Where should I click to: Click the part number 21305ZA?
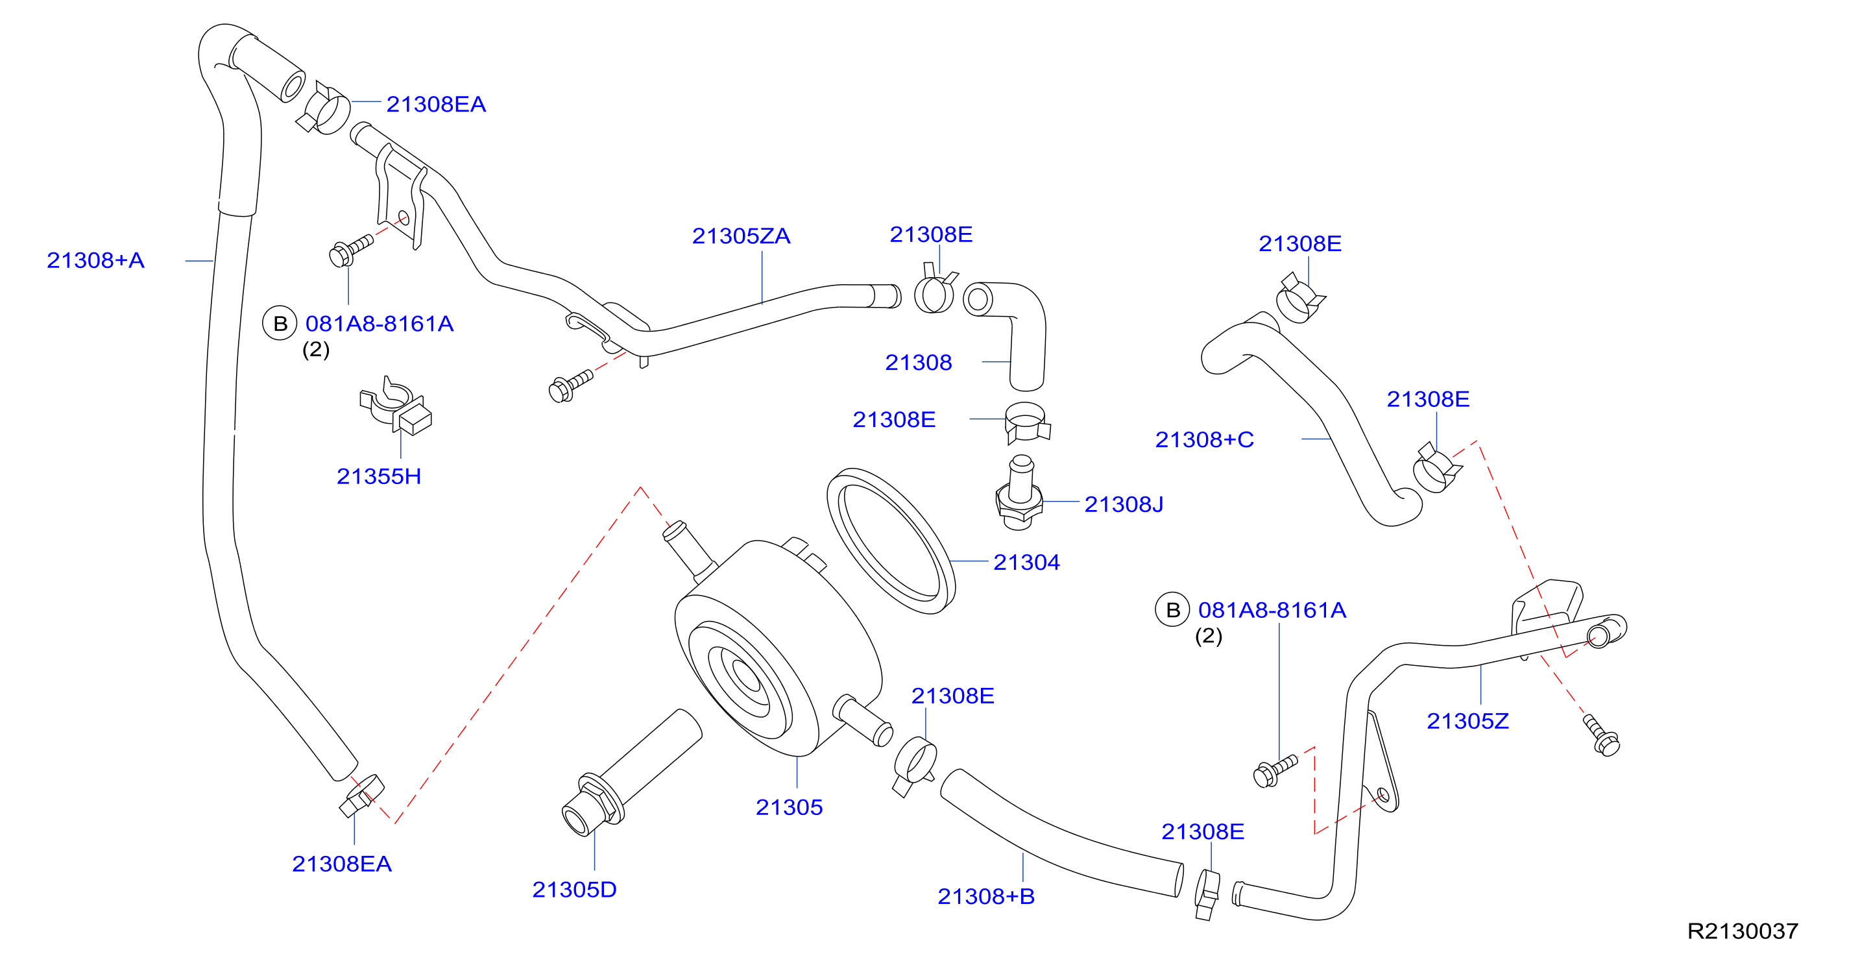(741, 236)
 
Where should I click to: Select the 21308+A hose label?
(95, 260)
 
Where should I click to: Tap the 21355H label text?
(378, 476)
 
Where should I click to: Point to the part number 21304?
(1026, 562)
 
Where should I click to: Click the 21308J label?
(1124, 504)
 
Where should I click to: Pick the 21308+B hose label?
(985, 896)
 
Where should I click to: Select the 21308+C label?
(1204, 439)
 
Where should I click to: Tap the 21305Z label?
(1467, 721)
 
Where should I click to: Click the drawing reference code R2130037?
(1743, 931)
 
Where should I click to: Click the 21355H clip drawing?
(396, 407)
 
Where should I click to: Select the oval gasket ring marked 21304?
(891, 541)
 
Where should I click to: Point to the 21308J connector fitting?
(1019, 493)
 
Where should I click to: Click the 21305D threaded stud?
(631, 774)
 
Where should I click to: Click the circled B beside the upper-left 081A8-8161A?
(280, 324)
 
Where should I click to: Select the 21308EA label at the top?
(436, 104)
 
